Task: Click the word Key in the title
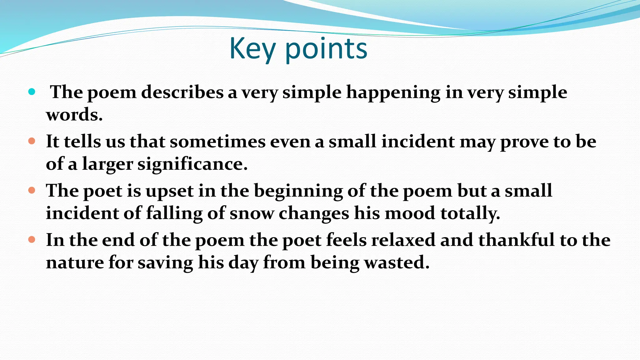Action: coord(252,48)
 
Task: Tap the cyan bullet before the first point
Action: coord(32,92)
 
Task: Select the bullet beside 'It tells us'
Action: coord(32,141)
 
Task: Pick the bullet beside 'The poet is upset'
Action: coord(32,190)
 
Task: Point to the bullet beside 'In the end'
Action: coord(32,240)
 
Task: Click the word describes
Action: coord(182,92)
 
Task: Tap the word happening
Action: coord(393,93)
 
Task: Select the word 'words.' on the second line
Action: coord(74,115)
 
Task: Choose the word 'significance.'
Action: coord(192,164)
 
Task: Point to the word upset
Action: coord(169,191)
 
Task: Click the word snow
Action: coord(252,213)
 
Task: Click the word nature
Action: coord(75,262)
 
